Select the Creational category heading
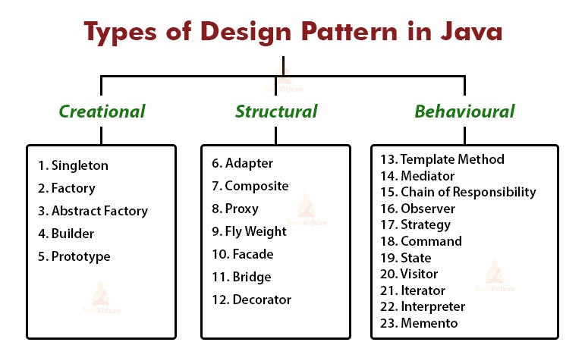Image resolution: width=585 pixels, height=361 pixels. point(102,112)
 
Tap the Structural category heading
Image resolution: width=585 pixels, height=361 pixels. point(276,112)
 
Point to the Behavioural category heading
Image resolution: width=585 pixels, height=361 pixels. point(464,112)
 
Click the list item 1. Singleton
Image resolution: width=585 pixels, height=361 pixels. point(73,165)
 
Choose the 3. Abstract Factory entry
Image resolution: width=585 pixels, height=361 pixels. point(93,211)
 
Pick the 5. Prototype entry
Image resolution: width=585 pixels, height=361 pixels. point(74,256)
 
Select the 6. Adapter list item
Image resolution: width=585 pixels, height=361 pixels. point(243,163)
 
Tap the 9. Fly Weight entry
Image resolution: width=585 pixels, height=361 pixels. point(250,231)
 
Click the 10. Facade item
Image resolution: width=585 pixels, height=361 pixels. point(243,254)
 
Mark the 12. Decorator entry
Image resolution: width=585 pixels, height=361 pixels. point(252,300)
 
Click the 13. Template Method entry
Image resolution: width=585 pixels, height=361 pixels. point(442,159)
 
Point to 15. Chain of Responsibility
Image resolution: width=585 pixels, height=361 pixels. point(458,192)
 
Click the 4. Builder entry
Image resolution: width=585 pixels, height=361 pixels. point(66,234)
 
